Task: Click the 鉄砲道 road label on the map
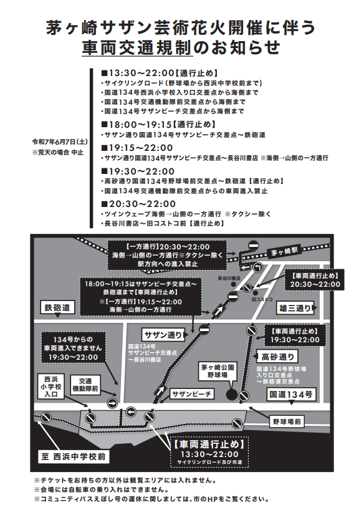tap(57, 308)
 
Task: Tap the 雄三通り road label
tap(295, 308)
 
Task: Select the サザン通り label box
tap(163, 335)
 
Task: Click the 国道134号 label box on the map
tap(291, 394)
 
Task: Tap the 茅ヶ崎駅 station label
tap(284, 252)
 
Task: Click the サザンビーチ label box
tap(192, 394)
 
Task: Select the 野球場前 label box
tap(287, 421)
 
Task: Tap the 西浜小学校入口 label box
tap(51, 387)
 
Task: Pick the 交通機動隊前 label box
tap(85, 385)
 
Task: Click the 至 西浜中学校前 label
tap(74, 456)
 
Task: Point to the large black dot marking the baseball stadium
tap(232, 395)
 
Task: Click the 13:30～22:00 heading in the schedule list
tap(137, 73)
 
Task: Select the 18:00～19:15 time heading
tap(136, 125)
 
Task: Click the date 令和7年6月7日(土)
tap(60, 142)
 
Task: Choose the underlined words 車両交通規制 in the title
tap(136, 47)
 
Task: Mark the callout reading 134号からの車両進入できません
tap(73, 348)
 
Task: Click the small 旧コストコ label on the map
tap(262, 299)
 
